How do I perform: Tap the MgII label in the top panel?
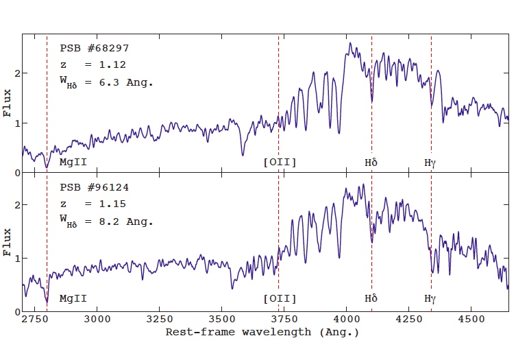click(x=73, y=163)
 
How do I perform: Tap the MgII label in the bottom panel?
click(x=73, y=299)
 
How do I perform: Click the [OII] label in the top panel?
click(x=280, y=163)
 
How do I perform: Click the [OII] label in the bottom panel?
click(x=280, y=299)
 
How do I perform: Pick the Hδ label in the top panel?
click(x=371, y=163)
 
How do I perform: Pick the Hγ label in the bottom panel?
click(x=430, y=299)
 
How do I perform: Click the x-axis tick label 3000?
click(x=98, y=319)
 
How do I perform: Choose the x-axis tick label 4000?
click(x=346, y=319)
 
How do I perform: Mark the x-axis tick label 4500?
click(x=470, y=319)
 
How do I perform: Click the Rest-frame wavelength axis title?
click(x=262, y=332)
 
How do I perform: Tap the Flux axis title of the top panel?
click(x=8, y=103)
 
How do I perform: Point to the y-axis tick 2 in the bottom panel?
click(x=15, y=205)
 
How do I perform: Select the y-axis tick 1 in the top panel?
click(x=15, y=123)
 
